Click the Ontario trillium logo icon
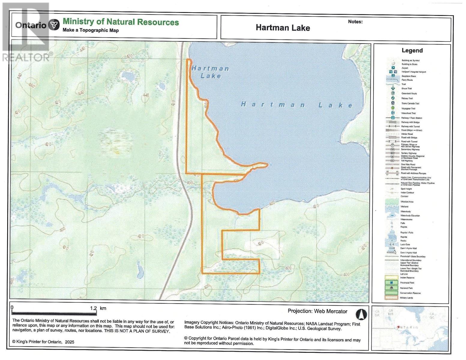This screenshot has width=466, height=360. click(54, 25)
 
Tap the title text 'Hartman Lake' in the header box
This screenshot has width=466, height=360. click(283, 28)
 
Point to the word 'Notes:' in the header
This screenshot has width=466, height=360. click(355, 22)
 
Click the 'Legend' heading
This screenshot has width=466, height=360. click(412, 50)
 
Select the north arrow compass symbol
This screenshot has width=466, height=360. click(361, 314)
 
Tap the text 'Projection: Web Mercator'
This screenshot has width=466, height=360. click(317, 311)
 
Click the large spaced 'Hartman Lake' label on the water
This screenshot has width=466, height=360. click(297, 105)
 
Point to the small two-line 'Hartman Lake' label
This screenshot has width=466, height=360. click(210, 72)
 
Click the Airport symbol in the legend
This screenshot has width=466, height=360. click(393, 68)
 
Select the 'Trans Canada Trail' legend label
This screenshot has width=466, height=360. click(410, 103)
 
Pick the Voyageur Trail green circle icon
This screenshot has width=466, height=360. click(393, 108)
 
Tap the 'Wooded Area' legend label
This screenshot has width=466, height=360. click(407, 202)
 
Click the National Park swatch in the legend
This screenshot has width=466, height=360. click(393, 288)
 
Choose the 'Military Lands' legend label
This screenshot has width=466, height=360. click(407, 298)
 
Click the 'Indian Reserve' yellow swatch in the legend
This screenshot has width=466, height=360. click(393, 277)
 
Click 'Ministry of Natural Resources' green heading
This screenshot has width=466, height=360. click(121, 22)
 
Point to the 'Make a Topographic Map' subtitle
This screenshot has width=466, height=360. click(91, 30)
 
